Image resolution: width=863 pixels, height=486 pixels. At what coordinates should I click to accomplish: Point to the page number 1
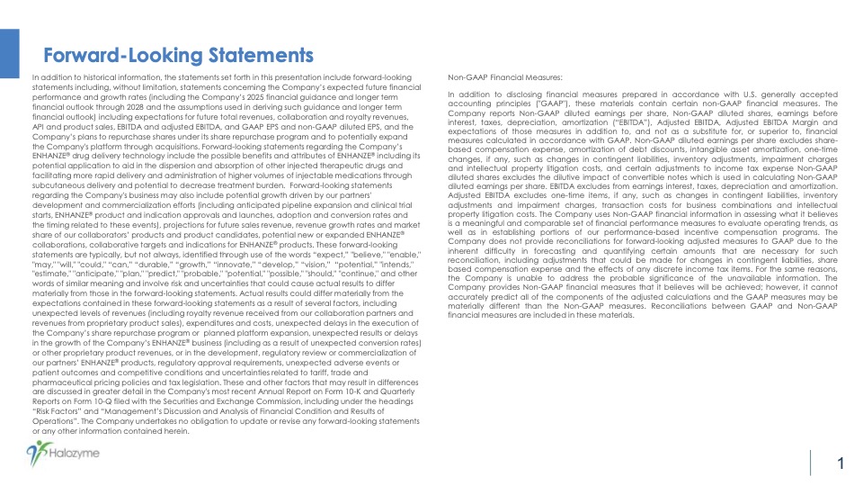click(x=840, y=464)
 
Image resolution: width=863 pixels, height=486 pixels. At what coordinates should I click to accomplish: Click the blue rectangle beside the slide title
click(x=9, y=53)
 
